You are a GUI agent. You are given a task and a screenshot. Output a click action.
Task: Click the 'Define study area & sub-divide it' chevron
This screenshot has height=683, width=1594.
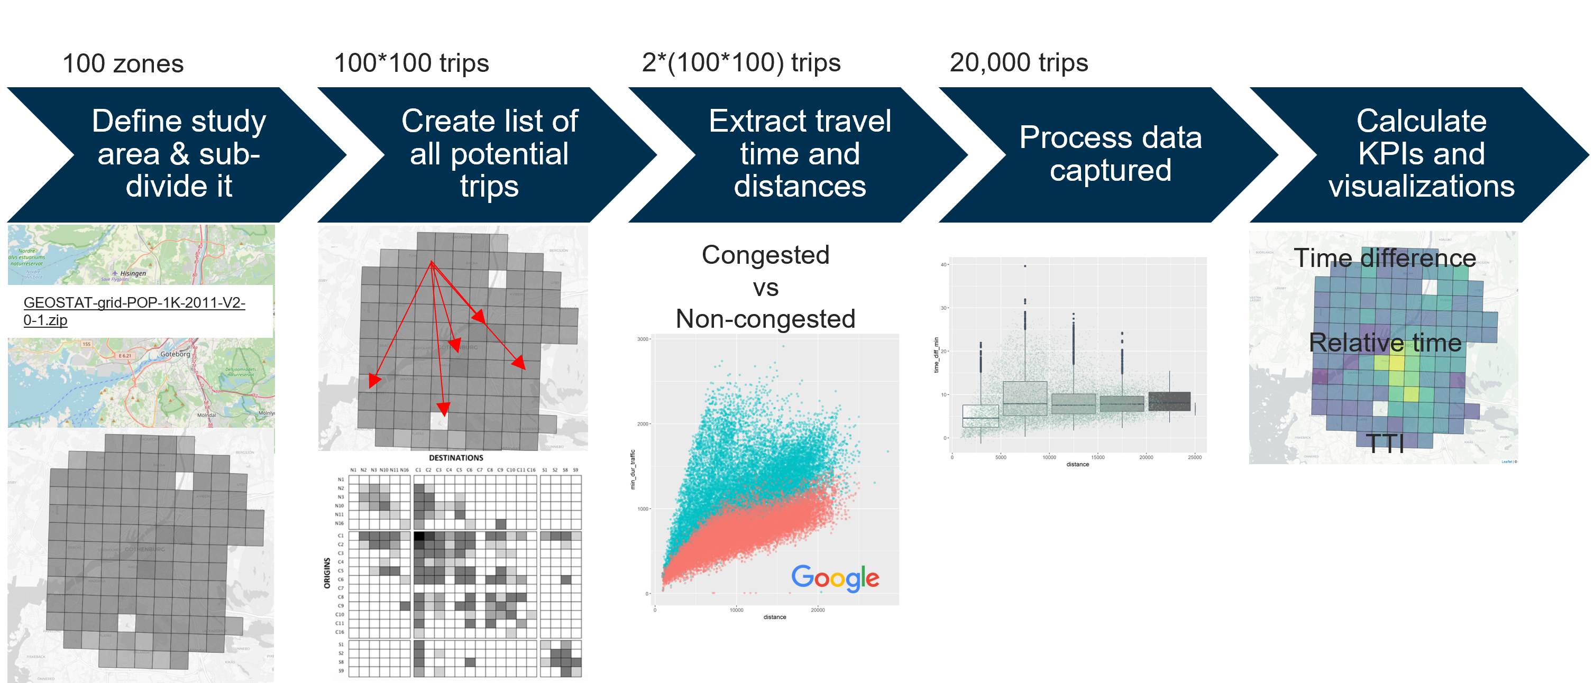[179, 153]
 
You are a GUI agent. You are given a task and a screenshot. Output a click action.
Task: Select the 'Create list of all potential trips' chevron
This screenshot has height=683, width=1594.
[489, 153]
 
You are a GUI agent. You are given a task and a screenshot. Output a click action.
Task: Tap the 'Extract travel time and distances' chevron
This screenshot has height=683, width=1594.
[800, 153]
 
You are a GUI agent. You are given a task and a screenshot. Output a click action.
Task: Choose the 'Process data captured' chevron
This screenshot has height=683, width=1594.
[1110, 153]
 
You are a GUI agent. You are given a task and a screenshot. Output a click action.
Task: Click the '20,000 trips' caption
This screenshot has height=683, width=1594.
[1019, 62]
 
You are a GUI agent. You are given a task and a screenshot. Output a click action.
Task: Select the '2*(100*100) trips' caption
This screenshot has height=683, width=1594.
[741, 62]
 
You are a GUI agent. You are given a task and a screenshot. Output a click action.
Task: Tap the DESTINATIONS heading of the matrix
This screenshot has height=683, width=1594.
[456, 458]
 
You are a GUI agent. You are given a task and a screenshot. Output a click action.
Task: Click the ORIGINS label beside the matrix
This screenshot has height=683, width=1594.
[327, 573]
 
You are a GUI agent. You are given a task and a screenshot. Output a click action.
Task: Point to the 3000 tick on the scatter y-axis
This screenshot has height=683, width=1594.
[643, 339]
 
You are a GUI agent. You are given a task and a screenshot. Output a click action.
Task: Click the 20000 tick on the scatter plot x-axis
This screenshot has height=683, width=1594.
[818, 610]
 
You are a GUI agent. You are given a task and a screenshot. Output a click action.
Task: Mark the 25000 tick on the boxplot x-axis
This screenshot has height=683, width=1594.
[1194, 457]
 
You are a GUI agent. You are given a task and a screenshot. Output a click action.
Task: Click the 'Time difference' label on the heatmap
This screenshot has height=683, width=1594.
[1385, 258]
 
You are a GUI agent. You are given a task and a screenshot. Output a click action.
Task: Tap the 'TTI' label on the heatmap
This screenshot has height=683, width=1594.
[1385, 443]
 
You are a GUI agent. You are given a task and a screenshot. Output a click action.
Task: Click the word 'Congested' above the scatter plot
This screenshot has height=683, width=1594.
[765, 255]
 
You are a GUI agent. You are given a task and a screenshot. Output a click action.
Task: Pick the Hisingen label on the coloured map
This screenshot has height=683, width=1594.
[132, 273]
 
